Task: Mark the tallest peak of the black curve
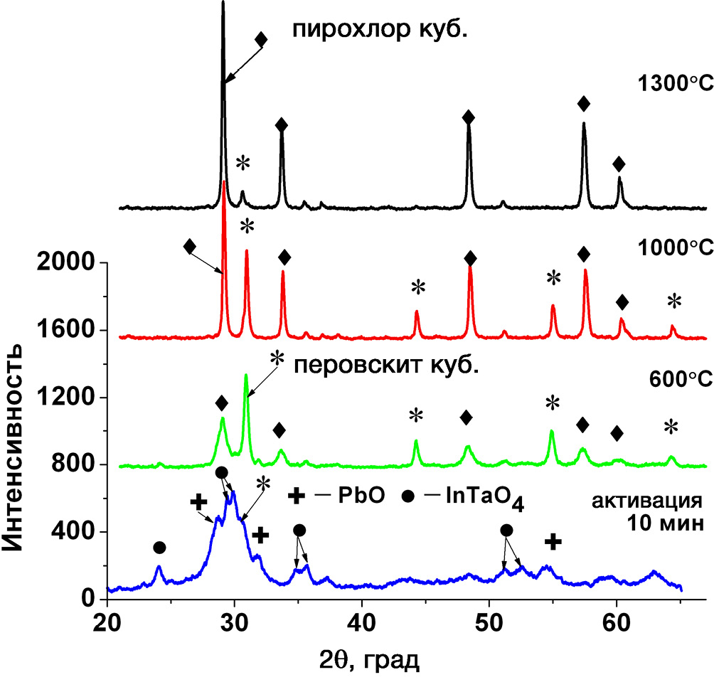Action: (x=223, y=4)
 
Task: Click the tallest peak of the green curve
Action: (x=246, y=376)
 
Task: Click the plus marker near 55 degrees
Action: (x=553, y=542)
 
